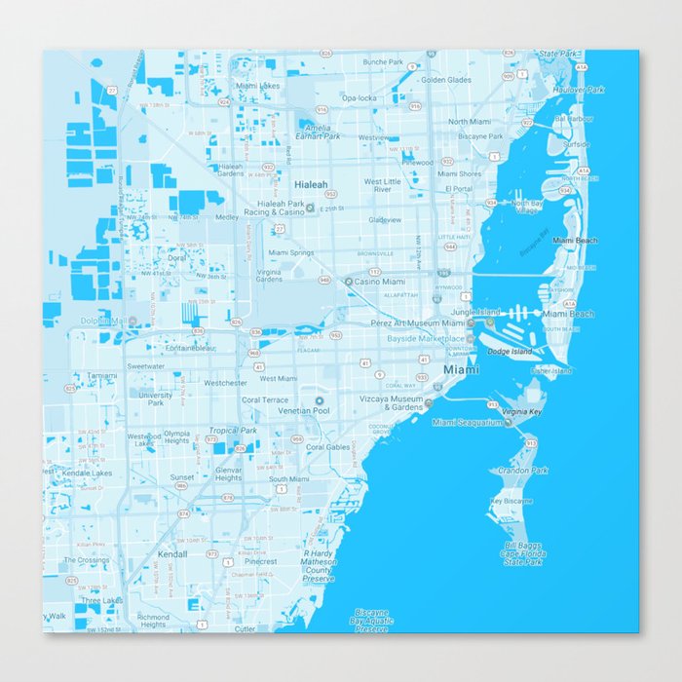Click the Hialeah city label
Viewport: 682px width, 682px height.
(x=312, y=183)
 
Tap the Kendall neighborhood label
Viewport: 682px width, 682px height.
(x=171, y=553)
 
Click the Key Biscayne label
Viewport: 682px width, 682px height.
(x=511, y=501)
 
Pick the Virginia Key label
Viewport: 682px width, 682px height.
(x=521, y=412)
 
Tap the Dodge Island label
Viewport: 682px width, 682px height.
(x=510, y=351)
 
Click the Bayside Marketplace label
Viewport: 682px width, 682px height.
(x=427, y=338)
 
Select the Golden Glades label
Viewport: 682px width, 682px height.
(x=445, y=80)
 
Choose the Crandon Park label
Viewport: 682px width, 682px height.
(x=523, y=471)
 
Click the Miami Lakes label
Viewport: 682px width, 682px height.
(x=257, y=86)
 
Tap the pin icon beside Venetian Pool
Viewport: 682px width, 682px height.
(x=318, y=399)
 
